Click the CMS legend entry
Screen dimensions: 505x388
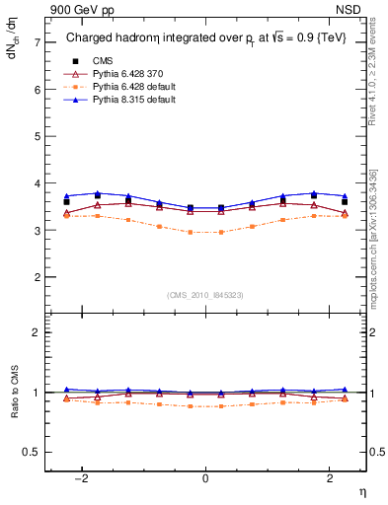[102, 60]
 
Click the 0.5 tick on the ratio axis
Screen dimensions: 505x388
[32, 452]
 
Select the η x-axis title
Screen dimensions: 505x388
[361, 491]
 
